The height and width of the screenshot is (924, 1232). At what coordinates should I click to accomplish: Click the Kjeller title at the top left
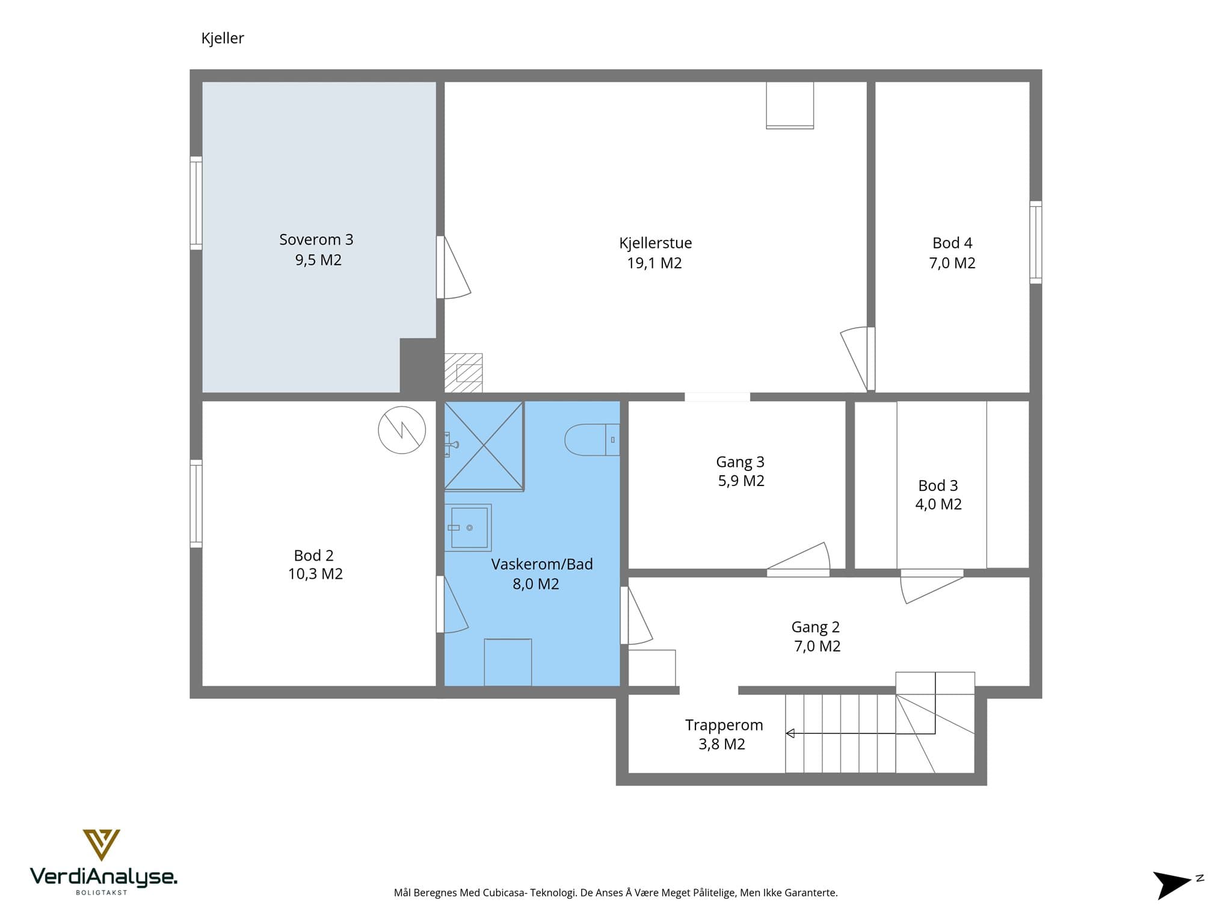[x=223, y=38]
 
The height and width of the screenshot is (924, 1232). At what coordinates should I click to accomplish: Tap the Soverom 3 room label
[x=316, y=239]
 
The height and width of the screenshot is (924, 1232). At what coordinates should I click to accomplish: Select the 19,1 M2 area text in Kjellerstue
[x=654, y=263]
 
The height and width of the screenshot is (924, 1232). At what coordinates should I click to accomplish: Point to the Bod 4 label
[x=952, y=243]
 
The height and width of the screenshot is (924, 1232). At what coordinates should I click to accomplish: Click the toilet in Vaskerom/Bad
[x=592, y=440]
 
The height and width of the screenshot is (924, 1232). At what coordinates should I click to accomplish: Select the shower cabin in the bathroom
[x=484, y=446]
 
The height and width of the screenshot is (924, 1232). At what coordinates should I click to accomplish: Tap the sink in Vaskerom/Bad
[x=468, y=528]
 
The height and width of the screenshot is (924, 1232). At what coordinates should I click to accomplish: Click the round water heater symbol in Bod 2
[x=402, y=430]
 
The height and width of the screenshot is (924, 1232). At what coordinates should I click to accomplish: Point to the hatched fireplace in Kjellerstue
[x=463, y=373]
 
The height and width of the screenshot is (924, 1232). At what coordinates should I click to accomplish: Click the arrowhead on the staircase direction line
[x=790, y=733]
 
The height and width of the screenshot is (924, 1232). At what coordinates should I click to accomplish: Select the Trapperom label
[x=724, y=725]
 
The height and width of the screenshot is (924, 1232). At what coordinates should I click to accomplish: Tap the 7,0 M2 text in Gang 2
[x=817, y=646]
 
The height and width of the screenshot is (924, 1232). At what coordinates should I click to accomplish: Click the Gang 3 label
[x=740, y=462]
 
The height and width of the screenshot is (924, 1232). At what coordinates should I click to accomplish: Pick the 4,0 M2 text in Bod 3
[x=938, y=504]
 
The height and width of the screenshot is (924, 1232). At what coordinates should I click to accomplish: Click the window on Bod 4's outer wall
[x=1036, y=242]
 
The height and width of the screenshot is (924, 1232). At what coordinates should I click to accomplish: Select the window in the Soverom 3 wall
[x=196, y=203]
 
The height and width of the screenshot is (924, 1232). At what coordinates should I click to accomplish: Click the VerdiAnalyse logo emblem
[x=101, y=845]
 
